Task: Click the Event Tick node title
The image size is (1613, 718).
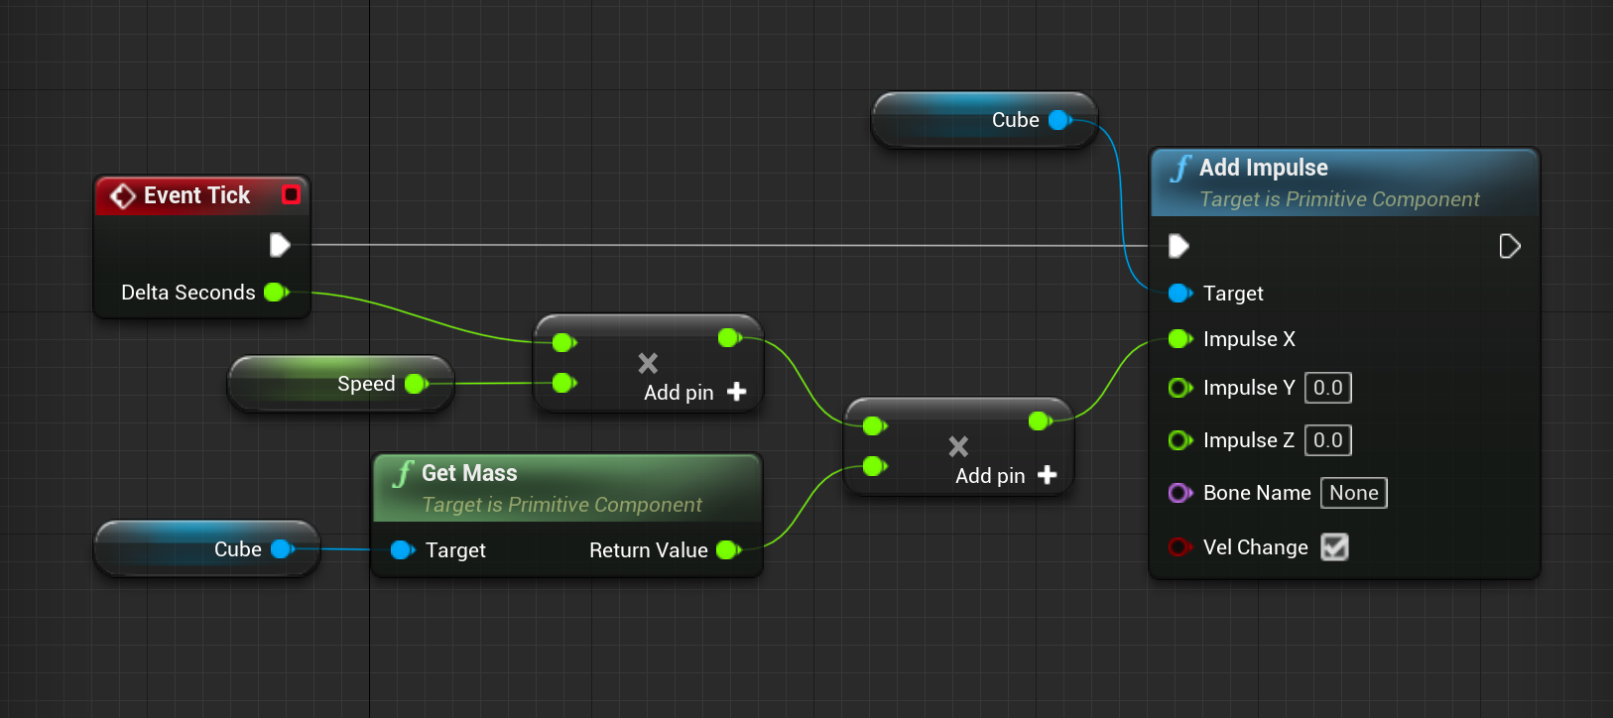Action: click(x=196, y=195)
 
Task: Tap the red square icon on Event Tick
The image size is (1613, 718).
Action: click(x=291, y=194)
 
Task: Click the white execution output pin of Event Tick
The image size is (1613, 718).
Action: click(x=280, y=245)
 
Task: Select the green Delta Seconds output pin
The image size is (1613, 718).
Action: click(x=275, y=292)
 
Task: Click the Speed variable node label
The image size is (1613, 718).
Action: click(x=366, y=384)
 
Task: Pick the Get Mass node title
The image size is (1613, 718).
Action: click(x=469, y=473)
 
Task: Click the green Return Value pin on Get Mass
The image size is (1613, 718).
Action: click(x=727, y=549)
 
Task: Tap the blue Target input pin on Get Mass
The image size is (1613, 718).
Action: click(x=401, y=549)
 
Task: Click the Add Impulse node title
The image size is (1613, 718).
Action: click(x=1263, y=168)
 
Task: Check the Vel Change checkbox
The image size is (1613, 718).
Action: click(x=1334, y=547)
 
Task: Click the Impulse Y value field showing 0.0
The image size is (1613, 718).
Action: click(x=1327, y=388)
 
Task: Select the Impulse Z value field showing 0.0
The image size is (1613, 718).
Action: click(x=1327, y=440)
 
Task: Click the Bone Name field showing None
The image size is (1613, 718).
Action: click(x=1353, y=493)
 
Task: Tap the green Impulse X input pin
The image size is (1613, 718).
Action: click(x=1179, y=339)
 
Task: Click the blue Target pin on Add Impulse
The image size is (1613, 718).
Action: click(x=1179, y=293)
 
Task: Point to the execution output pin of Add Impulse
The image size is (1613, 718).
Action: click(x=1509, y=246)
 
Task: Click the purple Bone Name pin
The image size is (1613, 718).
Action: click(x=1179, y=493)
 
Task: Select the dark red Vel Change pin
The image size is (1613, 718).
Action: click(x=1179, y=547)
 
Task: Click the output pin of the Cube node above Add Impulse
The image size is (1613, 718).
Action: click(x=1059, y=120)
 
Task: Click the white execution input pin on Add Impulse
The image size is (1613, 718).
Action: click(x=1179, y=245)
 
